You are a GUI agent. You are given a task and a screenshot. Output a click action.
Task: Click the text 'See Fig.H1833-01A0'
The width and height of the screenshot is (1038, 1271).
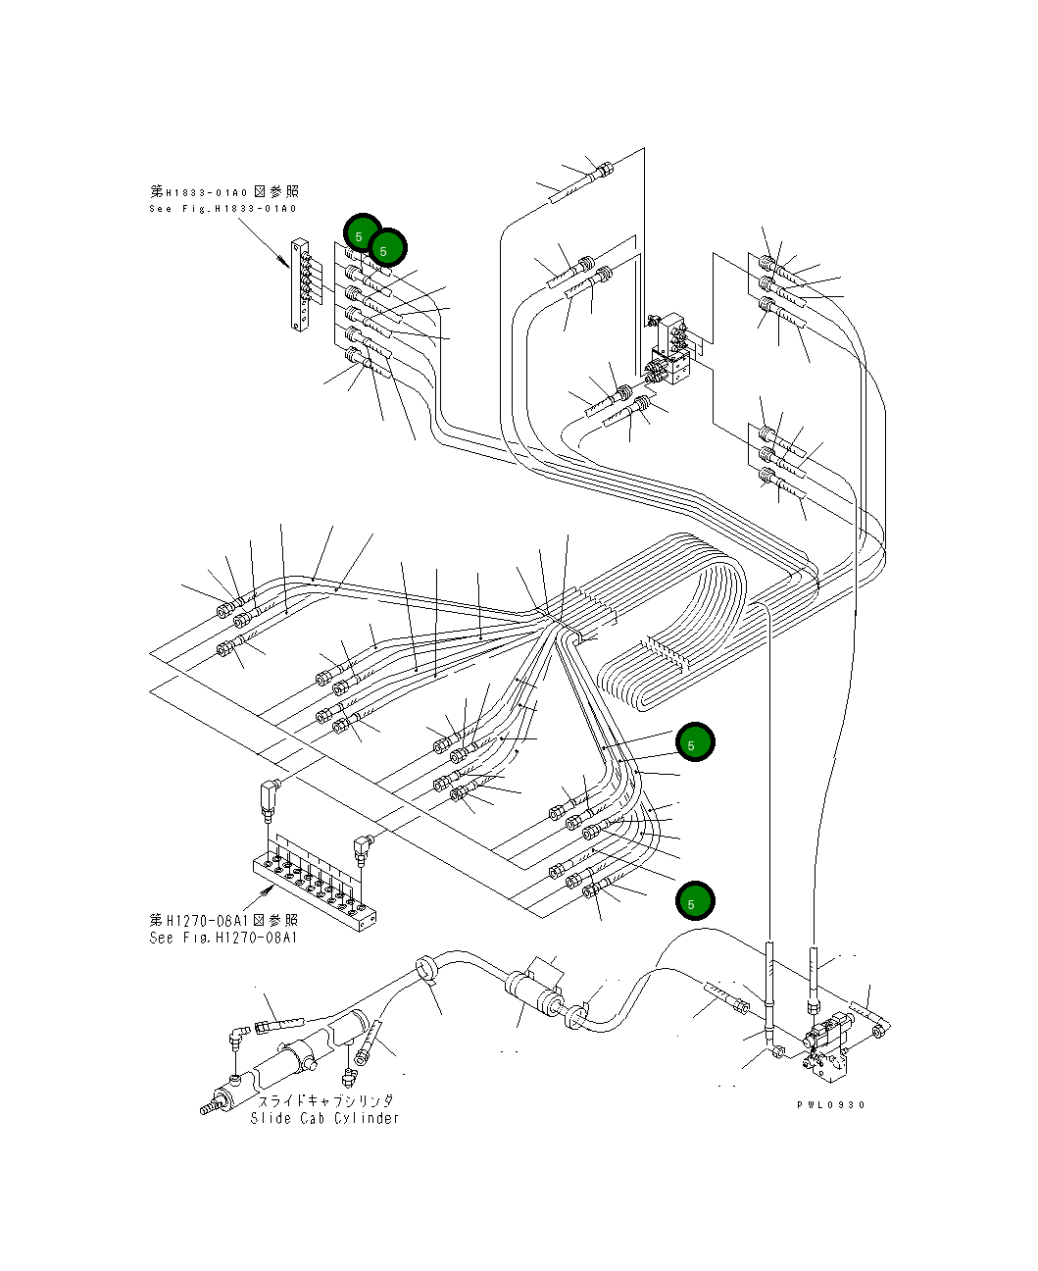[223, 209]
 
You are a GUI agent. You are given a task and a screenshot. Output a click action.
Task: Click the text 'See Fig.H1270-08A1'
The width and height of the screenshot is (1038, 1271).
[223, 938]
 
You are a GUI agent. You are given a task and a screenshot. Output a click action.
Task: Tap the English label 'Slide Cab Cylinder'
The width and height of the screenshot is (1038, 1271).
[324, 1118]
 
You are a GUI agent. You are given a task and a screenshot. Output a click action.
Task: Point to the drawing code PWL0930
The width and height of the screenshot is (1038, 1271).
[831, 1104]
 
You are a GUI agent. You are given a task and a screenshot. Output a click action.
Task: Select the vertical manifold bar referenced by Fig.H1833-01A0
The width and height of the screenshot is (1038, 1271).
[300, 283]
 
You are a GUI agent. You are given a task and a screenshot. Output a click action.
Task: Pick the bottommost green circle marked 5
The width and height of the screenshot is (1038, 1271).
[695, 901]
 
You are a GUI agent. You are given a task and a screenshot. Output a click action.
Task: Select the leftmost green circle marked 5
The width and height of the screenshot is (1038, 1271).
[362, 234]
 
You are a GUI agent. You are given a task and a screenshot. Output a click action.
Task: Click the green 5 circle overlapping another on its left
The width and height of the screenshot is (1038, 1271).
[387, 249]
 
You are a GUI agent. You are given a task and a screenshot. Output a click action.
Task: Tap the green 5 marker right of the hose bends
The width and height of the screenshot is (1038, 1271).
[695, 742]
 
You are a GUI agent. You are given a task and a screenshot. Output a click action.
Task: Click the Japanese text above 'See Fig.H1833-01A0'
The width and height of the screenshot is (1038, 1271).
[223, 191]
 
